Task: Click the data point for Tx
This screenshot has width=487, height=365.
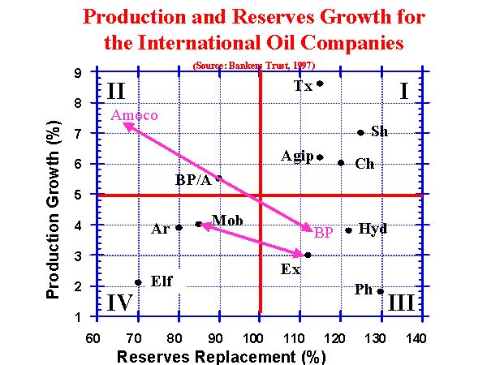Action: pyautogui.click(x=320, y=83)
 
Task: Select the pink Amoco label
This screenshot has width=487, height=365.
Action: pyautogui.click(x=134, y=115)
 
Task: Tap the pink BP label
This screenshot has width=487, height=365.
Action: pyautogui.click(x=324, y=233)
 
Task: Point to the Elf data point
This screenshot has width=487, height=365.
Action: pyautogui.click(x=138, y=282)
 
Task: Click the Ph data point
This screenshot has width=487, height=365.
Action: pyautogui.click(x=380, y=291)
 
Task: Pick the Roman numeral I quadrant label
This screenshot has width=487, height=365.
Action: pyautogui.click(x=403, y=92)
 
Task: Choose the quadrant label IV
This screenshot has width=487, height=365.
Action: pyautogui.click(x=119, y=303)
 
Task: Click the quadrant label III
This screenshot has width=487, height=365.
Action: pyautogui.click(x=401, y=303)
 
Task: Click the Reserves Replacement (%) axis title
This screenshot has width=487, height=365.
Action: pyautogui.click(x=221, y=356)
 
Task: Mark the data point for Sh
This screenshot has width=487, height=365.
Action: pyautogui.click(x=360, y=132)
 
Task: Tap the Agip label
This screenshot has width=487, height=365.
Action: pyautogui.click(x=297, y=156)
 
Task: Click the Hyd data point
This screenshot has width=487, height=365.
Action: pyautogui.click(x=348, y=230)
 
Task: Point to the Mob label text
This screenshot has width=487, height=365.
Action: pyautogui.click(x=226, y=221)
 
